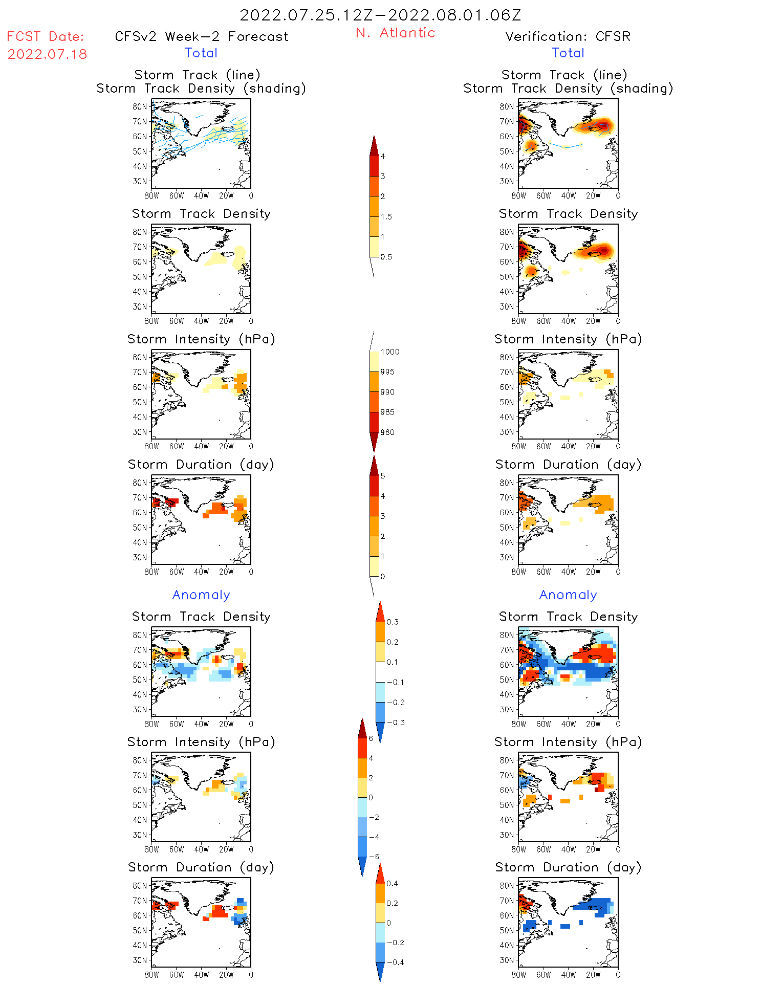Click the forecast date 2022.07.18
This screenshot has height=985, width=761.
(x=47, y=54)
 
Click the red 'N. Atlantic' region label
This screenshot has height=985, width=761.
(x=395, y=33)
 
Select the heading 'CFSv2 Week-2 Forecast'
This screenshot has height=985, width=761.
(x=202, y=37)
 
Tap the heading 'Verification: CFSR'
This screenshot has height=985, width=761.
(x=568, y=37)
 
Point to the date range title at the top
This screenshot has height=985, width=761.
(x=380, y=15)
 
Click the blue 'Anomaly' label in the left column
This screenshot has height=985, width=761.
(x=201, y=595)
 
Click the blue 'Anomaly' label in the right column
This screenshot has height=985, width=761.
(x=568, y=595)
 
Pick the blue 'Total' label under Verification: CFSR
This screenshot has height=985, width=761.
(x=568, y=53)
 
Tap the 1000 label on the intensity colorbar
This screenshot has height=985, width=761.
(x=390, y=352)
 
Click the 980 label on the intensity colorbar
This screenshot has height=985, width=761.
(x=387, y=432)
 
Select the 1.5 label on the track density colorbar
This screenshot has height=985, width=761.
(x=386, y=217)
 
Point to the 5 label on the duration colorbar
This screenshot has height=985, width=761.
(x=383, y=476)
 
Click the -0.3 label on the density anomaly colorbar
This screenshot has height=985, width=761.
(x=396, y=723)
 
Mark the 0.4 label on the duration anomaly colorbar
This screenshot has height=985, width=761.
(x=392, y=884)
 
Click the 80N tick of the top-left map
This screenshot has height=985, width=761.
(x=140, y=106)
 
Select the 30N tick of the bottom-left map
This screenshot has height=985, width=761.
(x=140, y=960)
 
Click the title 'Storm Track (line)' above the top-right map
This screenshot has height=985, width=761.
(x=564, y=75)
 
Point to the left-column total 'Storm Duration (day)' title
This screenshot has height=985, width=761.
(x=201, y=465)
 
